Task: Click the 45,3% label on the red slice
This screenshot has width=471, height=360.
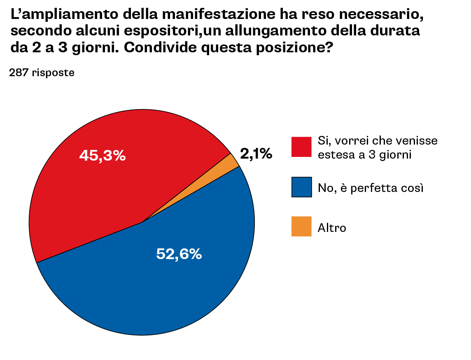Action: click(x=103, y=156)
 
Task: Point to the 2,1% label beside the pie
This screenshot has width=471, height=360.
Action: click(x=256, y=154)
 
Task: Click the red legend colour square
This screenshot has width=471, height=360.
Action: click(x=301, y=147)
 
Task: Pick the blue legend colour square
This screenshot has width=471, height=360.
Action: click(x=301, y=187)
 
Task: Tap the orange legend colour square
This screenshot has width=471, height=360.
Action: click(x=301, y=227)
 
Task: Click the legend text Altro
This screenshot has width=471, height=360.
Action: click(x=332, y=228)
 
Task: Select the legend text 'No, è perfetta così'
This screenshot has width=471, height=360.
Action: click(x=371, y=188)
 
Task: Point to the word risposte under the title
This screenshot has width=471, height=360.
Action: click(x=53, y=73)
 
